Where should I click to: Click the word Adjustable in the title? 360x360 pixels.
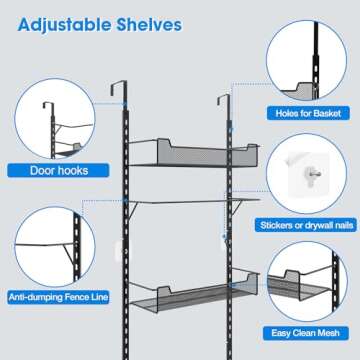tap(64, 25)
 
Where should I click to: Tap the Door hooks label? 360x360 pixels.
tap(59, 170)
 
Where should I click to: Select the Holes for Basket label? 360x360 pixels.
tap(308, 113)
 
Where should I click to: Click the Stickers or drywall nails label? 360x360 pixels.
tap(307, 225)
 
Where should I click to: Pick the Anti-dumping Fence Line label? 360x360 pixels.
tap(58, 297)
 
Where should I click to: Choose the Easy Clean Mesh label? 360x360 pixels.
tap(306, 333)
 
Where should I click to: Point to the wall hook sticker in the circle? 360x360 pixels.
tap(307, 174)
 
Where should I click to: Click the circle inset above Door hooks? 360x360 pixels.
tap(55, 118)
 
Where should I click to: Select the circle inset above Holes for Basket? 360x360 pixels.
tap(307, 60)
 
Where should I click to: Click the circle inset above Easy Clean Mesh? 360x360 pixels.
tap(307, 282)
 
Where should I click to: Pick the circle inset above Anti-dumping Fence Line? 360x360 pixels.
tap(55, 247)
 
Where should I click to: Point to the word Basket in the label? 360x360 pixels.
tap(327, 113)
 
